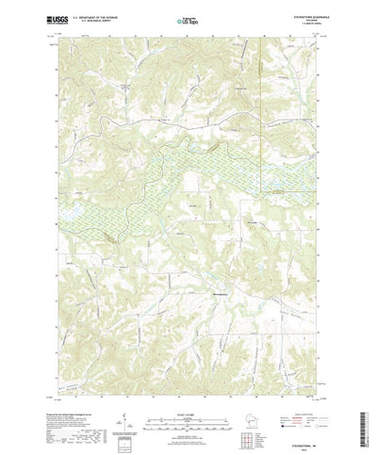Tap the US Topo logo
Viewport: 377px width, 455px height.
(188, 18)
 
